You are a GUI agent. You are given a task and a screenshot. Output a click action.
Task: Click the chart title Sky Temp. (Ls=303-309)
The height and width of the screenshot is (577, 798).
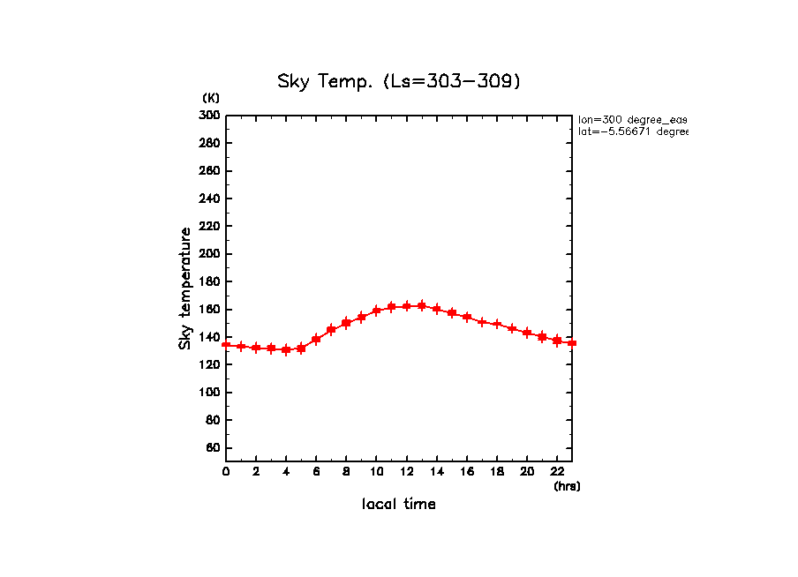click(x=399, y=82)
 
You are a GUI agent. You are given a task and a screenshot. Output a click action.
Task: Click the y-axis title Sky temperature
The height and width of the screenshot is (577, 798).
click(x=185, y=288)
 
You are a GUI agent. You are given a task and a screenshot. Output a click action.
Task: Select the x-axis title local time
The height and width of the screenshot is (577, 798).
click(x=399, y=505)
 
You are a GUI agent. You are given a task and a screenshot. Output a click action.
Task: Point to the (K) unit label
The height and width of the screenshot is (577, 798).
click(x=211, y=98)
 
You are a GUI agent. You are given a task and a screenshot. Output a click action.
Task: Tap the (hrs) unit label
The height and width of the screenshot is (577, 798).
click(x=567, y=486)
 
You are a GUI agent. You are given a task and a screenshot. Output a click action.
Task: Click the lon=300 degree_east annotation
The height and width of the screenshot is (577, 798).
click(x=632, y=119)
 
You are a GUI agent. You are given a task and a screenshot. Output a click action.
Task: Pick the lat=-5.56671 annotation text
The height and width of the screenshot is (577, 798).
click(x=632, y=131)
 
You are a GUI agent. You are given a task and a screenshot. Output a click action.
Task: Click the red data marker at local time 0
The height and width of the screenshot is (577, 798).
click(x=227, y=345)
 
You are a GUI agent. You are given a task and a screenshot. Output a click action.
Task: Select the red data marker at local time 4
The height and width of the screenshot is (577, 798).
click(x=286, y=350)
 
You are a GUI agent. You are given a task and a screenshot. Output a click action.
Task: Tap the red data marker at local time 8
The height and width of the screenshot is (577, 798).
click(x=346, y=323)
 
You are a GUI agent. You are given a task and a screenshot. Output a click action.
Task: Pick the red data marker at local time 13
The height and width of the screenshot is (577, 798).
click(x=421, y=306)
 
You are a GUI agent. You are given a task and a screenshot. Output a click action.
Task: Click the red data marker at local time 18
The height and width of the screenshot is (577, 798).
click(x=497, y=325)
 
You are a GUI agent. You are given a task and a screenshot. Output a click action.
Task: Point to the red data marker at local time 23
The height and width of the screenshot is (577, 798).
click(x=571, y=342)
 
